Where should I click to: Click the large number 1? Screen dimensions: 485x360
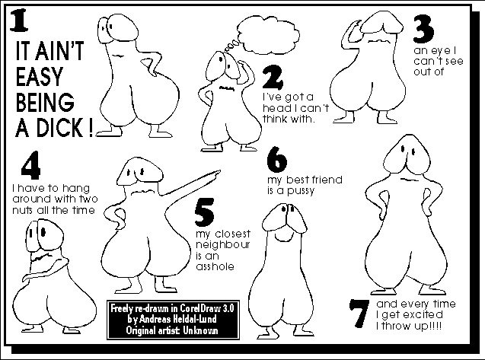19,21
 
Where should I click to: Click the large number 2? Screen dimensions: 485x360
273,78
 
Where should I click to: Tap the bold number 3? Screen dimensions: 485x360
424,29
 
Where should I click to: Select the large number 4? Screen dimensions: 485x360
30,165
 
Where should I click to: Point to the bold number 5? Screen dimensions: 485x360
205,212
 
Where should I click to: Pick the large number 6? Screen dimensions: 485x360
277,160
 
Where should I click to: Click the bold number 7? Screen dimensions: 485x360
359,314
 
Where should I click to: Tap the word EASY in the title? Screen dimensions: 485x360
40,76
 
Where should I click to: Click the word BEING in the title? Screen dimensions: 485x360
45,102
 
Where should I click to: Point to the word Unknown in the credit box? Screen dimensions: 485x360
200,330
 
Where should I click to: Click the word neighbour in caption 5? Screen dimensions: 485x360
222,245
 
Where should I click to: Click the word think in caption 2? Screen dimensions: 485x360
274,119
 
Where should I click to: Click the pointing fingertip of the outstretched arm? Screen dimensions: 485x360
220,171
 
